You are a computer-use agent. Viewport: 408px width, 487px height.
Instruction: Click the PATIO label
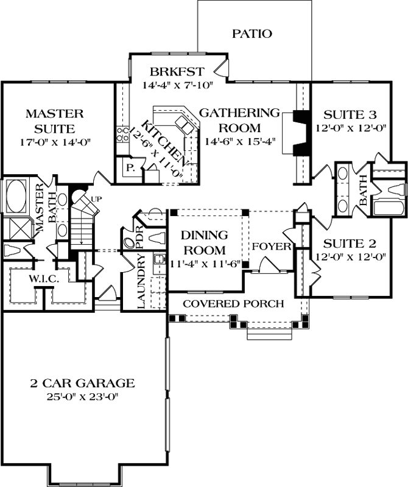tap(251, 33)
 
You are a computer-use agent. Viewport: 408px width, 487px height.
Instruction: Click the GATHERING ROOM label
tap(239, 113)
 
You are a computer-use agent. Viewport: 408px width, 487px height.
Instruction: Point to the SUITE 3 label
tap(350, 114)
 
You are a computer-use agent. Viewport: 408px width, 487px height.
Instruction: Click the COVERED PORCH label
tap(234, 304)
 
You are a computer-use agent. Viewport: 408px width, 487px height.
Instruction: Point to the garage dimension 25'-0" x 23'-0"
tap(82, 397)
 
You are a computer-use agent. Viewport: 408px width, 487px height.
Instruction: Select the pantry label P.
tap(130, 167)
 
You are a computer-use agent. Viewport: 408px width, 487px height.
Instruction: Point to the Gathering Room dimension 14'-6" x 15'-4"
tap(239, 141)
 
